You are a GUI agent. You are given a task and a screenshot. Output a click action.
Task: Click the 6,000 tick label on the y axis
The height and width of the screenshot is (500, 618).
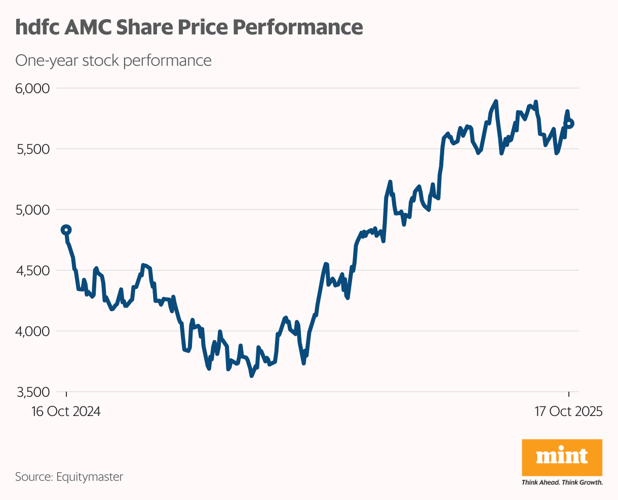32,89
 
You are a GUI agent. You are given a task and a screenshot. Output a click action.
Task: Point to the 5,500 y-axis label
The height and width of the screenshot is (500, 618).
32,149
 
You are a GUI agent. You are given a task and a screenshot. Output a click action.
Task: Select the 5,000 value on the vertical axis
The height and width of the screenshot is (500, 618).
32,210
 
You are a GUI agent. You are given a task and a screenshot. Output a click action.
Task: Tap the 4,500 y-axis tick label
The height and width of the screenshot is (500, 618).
32,271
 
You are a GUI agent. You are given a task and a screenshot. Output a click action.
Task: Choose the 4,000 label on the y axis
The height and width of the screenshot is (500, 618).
32,331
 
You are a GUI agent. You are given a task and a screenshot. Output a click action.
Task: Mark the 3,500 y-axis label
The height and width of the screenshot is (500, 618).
32,392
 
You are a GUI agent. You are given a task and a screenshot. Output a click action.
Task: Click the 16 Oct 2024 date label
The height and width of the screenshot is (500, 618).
66,411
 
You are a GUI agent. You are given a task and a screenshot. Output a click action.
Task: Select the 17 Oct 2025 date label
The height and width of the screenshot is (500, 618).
568,411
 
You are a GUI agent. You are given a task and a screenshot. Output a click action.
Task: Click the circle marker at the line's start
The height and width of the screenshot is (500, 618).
66,230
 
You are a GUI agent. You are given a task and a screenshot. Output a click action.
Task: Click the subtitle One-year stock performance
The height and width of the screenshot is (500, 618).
113,61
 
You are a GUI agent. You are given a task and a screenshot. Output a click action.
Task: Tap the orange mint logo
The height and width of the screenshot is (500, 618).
562,457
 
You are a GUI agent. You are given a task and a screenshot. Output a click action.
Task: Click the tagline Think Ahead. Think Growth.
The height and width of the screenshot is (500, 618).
562,482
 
